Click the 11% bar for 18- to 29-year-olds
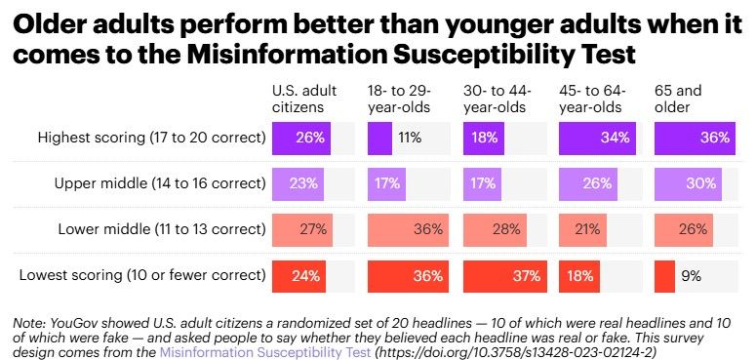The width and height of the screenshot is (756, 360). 379,138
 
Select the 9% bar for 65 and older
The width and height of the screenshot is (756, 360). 664,276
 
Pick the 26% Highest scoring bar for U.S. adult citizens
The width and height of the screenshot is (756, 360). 300,138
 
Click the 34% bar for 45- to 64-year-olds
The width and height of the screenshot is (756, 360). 597,138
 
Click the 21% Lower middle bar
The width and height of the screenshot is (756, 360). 581,229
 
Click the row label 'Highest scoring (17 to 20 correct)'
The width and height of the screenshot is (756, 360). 151,138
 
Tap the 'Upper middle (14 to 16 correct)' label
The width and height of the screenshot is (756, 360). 160,183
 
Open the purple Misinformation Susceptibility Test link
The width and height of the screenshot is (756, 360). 264,352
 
